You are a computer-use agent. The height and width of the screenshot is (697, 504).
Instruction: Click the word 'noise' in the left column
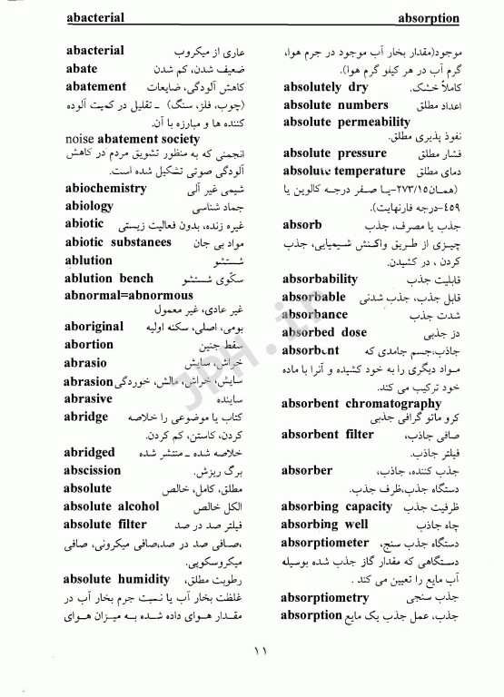coord(84,139)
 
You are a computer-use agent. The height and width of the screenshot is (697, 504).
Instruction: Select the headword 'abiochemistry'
coord(106,189)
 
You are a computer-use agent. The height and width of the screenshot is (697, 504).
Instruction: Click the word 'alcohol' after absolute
coord(136,506)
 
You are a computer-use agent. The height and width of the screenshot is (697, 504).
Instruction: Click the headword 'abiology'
coord(90,206)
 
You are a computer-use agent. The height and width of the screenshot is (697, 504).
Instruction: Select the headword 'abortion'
coord(90,345)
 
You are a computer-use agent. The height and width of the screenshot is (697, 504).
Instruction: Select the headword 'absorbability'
coord(320,280)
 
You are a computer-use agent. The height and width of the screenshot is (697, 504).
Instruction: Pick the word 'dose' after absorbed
coord(352,332)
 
